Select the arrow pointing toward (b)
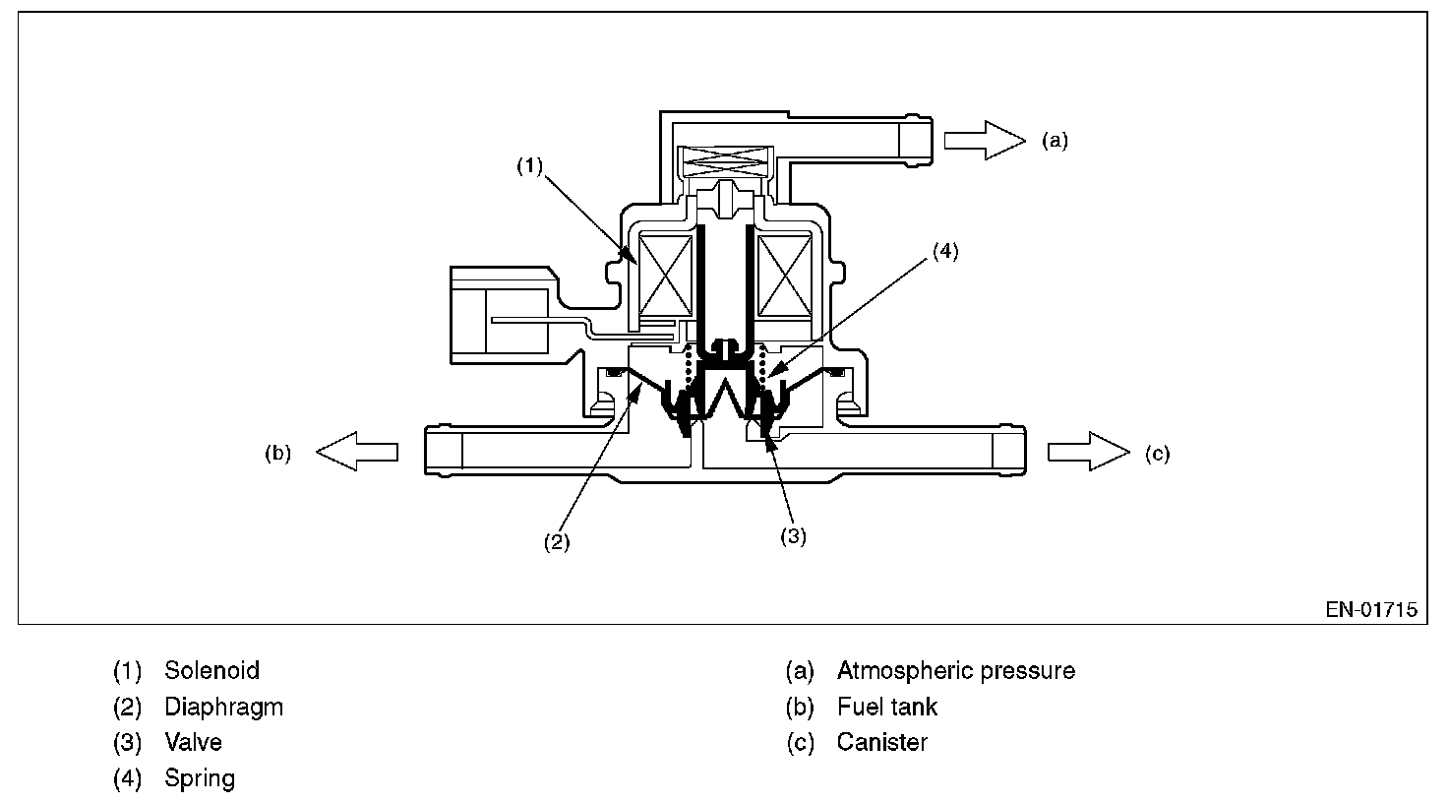(x=357, y=452)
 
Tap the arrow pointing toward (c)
(x=1089, y=452)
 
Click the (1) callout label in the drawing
(x=530, y=166)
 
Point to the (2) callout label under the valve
(x=558, y=541)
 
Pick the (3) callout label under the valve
(x=793, y=536)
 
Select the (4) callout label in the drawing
(x=943, y=251)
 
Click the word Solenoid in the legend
(x=211, y=671)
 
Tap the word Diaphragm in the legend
(x=223, y=707)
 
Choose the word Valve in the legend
(x=193, y=742)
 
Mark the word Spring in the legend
(x=200, y=778)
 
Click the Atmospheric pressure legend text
(x=955, y=671)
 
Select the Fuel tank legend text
(x=887, y=707)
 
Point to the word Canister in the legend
(x=881, y=742)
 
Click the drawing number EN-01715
(x=1371, y=610)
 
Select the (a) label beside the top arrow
(x=1055, y=141)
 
